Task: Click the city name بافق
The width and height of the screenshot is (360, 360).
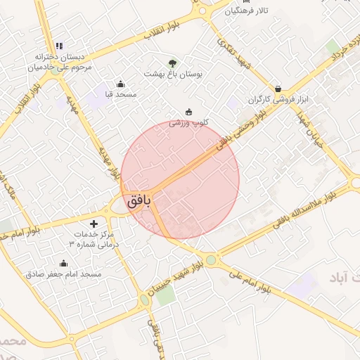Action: click(x=139, y=200)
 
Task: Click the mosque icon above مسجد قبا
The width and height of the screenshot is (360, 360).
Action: click(x=120, y=84)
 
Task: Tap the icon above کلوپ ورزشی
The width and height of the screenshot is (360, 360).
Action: click(x=188, y=112)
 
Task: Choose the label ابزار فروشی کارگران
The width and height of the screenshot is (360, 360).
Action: click(x=278, y=100)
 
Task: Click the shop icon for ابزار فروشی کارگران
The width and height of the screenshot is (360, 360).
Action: click(x=279, y=89)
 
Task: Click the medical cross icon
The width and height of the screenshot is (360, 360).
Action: click(x=94, y=224)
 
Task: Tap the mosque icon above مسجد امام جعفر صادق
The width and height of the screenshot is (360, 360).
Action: click(x=64, y=264)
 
